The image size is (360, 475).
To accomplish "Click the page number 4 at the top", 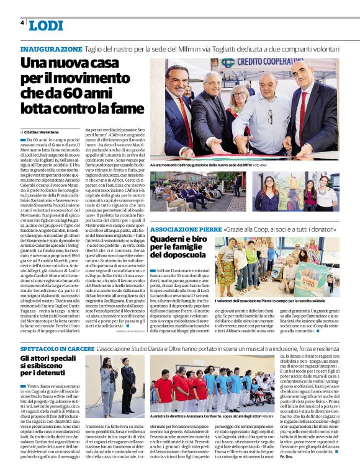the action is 22,23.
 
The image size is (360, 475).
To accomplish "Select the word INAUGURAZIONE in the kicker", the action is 51,49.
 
